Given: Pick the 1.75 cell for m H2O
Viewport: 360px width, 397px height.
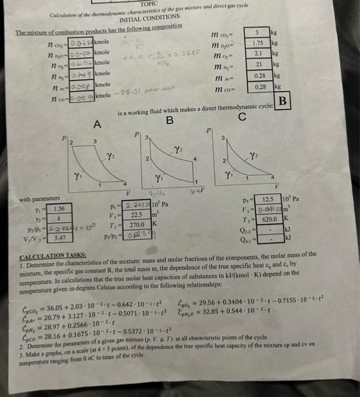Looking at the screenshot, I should pos(258,43).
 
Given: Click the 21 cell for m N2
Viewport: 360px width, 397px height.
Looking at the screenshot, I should pos(258,64).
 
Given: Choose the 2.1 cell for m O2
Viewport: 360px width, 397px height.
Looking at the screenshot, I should pos(258,53).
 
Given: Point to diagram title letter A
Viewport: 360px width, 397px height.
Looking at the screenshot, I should pos(98,124).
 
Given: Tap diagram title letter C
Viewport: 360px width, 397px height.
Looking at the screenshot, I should pos(243,118).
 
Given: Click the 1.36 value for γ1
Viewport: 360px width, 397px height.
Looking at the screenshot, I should pos(62,209).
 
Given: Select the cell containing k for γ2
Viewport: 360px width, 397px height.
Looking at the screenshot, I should pos(62,218).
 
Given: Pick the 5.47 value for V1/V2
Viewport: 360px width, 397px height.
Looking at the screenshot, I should pos(62,239).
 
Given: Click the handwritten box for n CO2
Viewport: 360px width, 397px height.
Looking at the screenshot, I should pos(82,40).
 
